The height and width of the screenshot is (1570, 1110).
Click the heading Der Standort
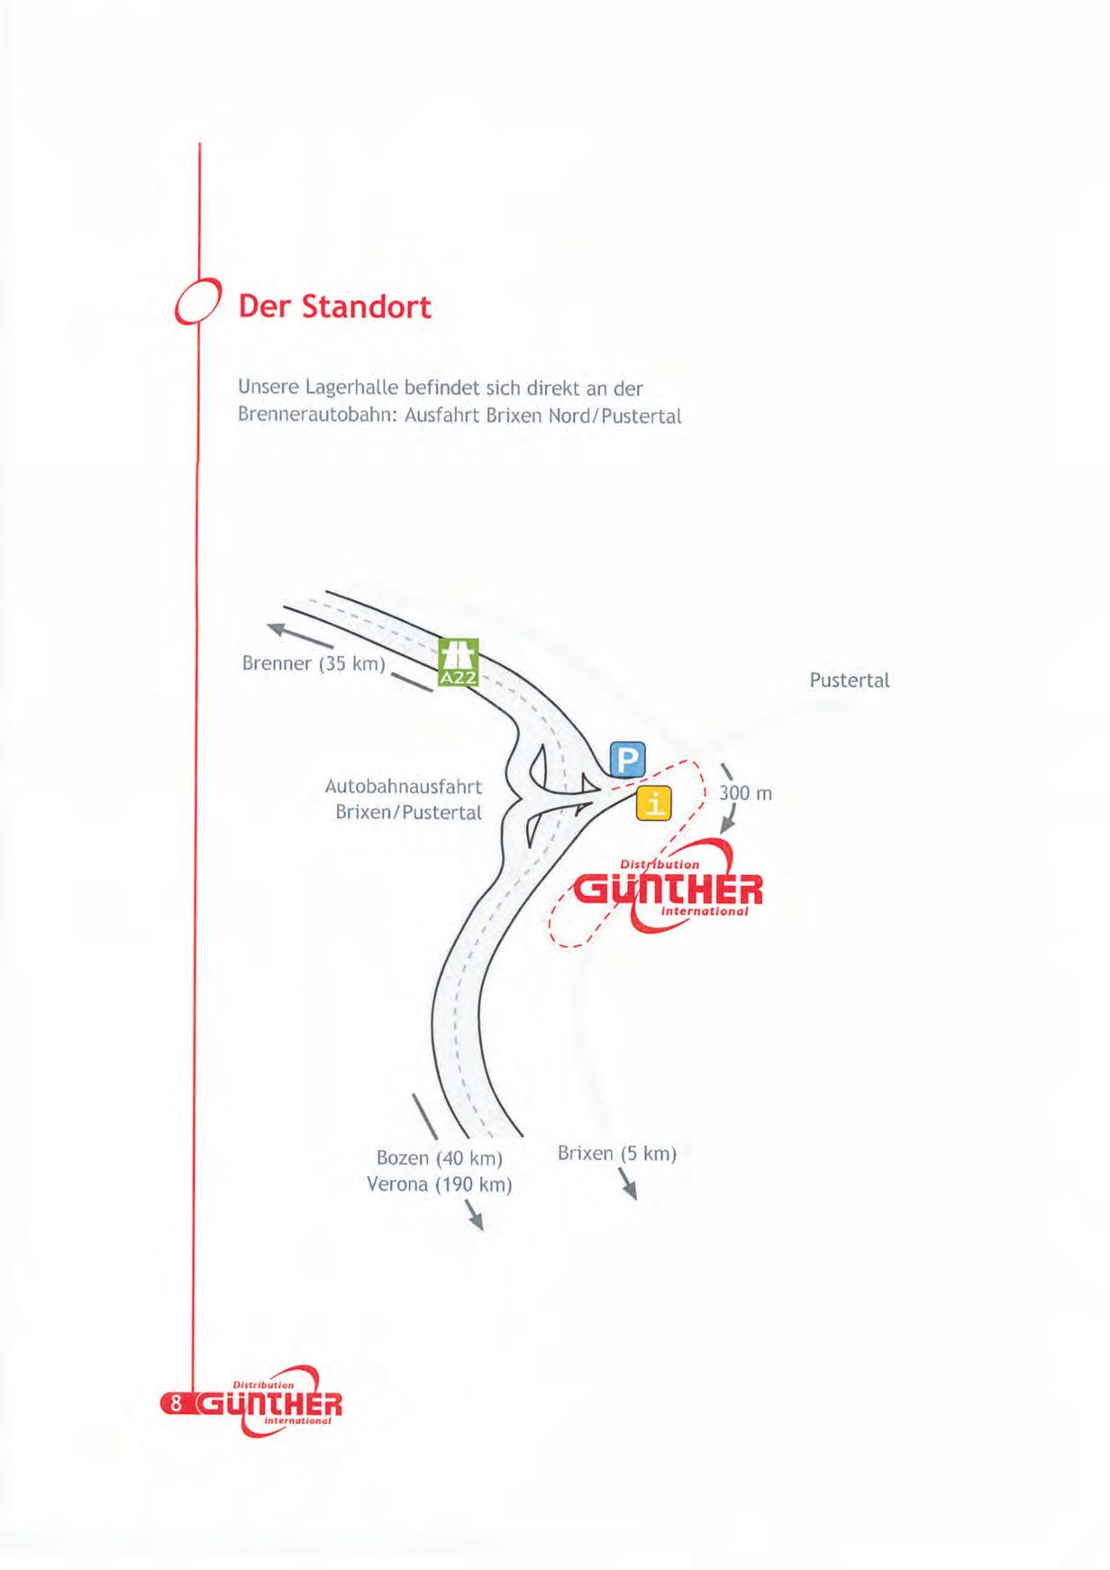[x=334, y=307]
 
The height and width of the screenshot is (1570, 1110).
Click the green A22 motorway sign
[x=458, y=662]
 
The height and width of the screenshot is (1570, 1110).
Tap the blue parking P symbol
[x=627, y=760]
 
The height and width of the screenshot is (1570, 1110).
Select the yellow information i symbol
[x=654, y=802]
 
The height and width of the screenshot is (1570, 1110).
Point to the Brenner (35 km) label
[x=314, y=664]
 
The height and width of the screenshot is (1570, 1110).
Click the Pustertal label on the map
[x=849, y=680]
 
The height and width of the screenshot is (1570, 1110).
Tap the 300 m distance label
[x=745, y=793]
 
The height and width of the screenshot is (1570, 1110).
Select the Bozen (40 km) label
[x=439, y=1157]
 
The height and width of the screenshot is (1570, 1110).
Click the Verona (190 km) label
[x=439, y=1183]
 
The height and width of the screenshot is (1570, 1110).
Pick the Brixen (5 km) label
[x=616, y=1153]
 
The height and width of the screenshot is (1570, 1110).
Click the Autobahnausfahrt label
[x=403, y=786]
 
